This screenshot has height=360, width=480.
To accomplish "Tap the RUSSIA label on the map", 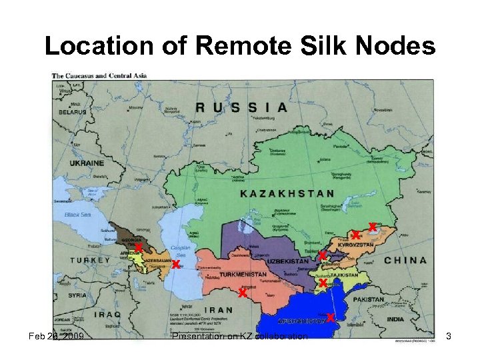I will pos(241,107).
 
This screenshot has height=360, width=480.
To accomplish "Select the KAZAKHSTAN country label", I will pos(287,193).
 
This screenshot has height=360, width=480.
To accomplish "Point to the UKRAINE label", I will pos(87,162).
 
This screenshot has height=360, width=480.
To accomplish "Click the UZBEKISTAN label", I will pos(288,261).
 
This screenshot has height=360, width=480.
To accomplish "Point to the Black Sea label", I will pos(77,215).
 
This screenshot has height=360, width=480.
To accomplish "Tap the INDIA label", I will pos(395,319).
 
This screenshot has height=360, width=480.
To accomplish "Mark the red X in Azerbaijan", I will pos(175,265).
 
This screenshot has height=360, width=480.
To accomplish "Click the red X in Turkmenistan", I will pos(243,293).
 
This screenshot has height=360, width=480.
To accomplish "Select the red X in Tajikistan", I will pos(322,283).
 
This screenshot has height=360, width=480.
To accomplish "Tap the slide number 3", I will pos(449,337).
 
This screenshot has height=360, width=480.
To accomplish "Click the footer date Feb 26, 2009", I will pos(56,337).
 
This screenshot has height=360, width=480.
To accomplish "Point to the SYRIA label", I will pos(77,295).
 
